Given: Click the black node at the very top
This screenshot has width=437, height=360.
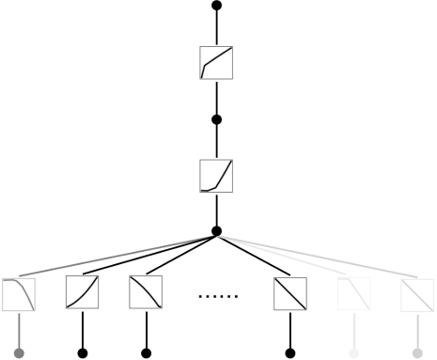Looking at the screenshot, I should click(x=217, y=6).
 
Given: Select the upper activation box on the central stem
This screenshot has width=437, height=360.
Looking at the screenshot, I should click(x=217, y=63).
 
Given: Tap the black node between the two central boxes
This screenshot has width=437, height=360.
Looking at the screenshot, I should click(x=217, y=119).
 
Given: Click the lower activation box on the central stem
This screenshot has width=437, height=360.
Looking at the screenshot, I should click(x=217, y=176).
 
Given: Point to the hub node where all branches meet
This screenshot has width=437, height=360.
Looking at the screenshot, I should click(x=217, y=231).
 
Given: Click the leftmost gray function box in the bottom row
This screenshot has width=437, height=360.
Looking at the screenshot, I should click(x=19, y=294).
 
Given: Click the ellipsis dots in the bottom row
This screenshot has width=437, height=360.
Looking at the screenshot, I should click(x=218, y=296).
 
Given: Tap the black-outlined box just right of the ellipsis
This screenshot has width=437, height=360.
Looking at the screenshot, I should click(x=290, y=294).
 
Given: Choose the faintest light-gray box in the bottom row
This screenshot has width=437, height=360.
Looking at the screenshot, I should click(x=353, y=294).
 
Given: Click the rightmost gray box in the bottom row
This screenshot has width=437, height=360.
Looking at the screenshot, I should click(x=417, y=294).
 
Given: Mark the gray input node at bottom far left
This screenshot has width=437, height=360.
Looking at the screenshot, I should click(x=19, y=353).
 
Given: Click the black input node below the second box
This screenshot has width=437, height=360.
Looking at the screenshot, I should click(x=83, y=353).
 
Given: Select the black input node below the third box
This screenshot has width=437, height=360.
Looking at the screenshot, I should click(x=146, y=353).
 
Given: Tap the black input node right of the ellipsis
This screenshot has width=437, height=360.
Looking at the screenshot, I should click(x=290, y=353).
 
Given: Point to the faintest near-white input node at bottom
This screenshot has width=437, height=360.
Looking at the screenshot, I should click(x=353, y=353).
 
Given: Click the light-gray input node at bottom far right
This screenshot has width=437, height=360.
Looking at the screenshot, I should click(x=417, y=353).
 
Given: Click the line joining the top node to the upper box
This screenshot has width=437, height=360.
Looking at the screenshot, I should click(x=217, y=26).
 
